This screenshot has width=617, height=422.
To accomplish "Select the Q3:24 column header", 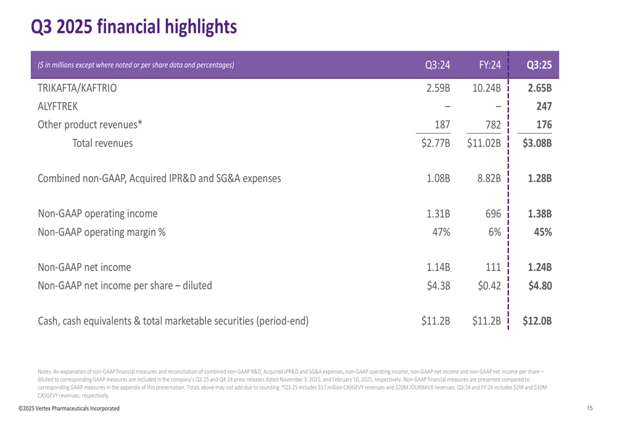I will pos(438,65).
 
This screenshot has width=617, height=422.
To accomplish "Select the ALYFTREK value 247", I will pos(542,106).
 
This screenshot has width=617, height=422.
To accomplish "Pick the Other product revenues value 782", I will pos(492,124).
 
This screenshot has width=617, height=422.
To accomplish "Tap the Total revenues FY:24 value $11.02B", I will pos(484,144).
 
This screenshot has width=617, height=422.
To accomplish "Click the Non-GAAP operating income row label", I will pos(97,214).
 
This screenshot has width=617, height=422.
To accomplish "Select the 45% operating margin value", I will pos(542,233).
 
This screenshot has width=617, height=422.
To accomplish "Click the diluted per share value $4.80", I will pos(539,285).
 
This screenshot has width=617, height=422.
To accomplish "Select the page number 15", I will pos(590,409).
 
